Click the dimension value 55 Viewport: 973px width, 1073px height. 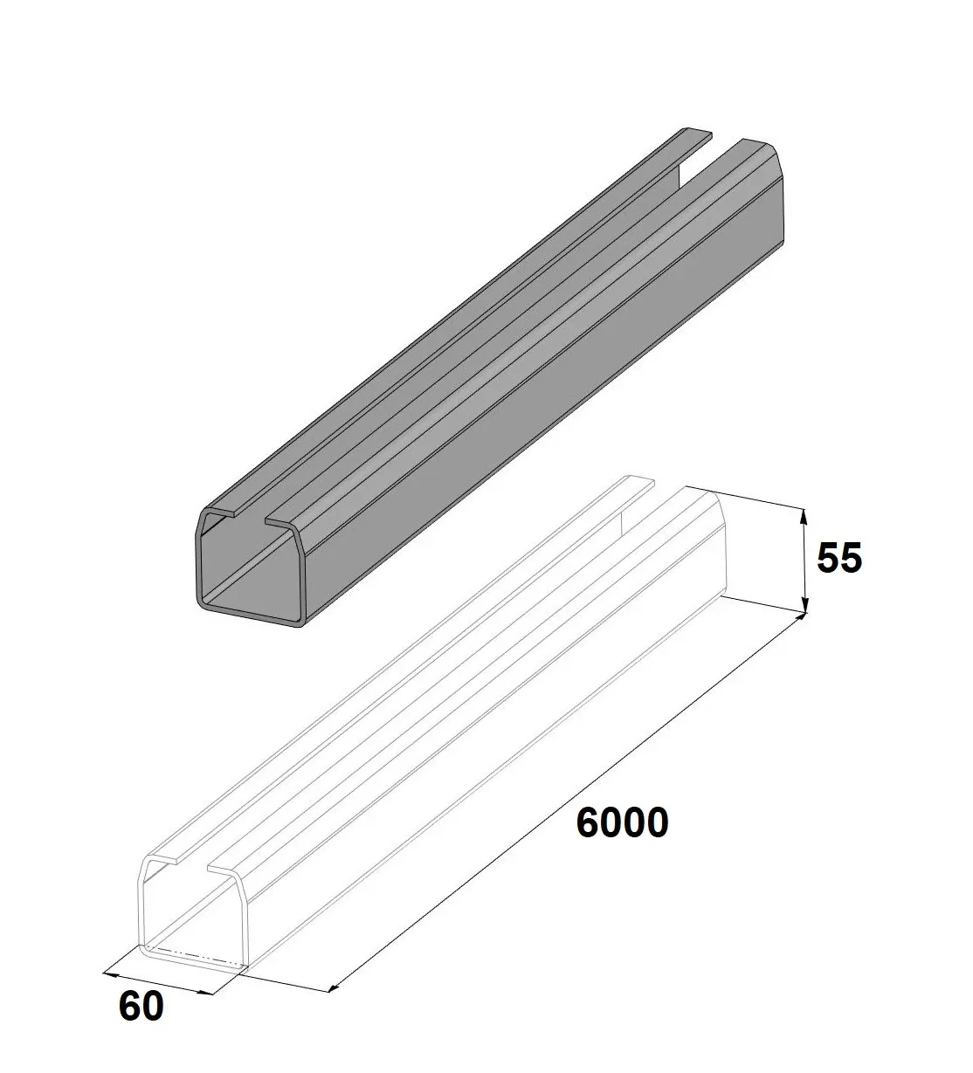pyautogui.click(x=838, y=558)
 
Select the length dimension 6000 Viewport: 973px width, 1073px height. pyautogui.click(x=622, y=822)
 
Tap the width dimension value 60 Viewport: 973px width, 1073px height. pyautogui.click(x=141, y=1007)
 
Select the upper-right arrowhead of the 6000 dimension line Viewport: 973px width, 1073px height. pyautogui.click(x=799, y=618)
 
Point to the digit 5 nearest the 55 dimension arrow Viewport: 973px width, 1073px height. pyautogui.click(x=827, y=558)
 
